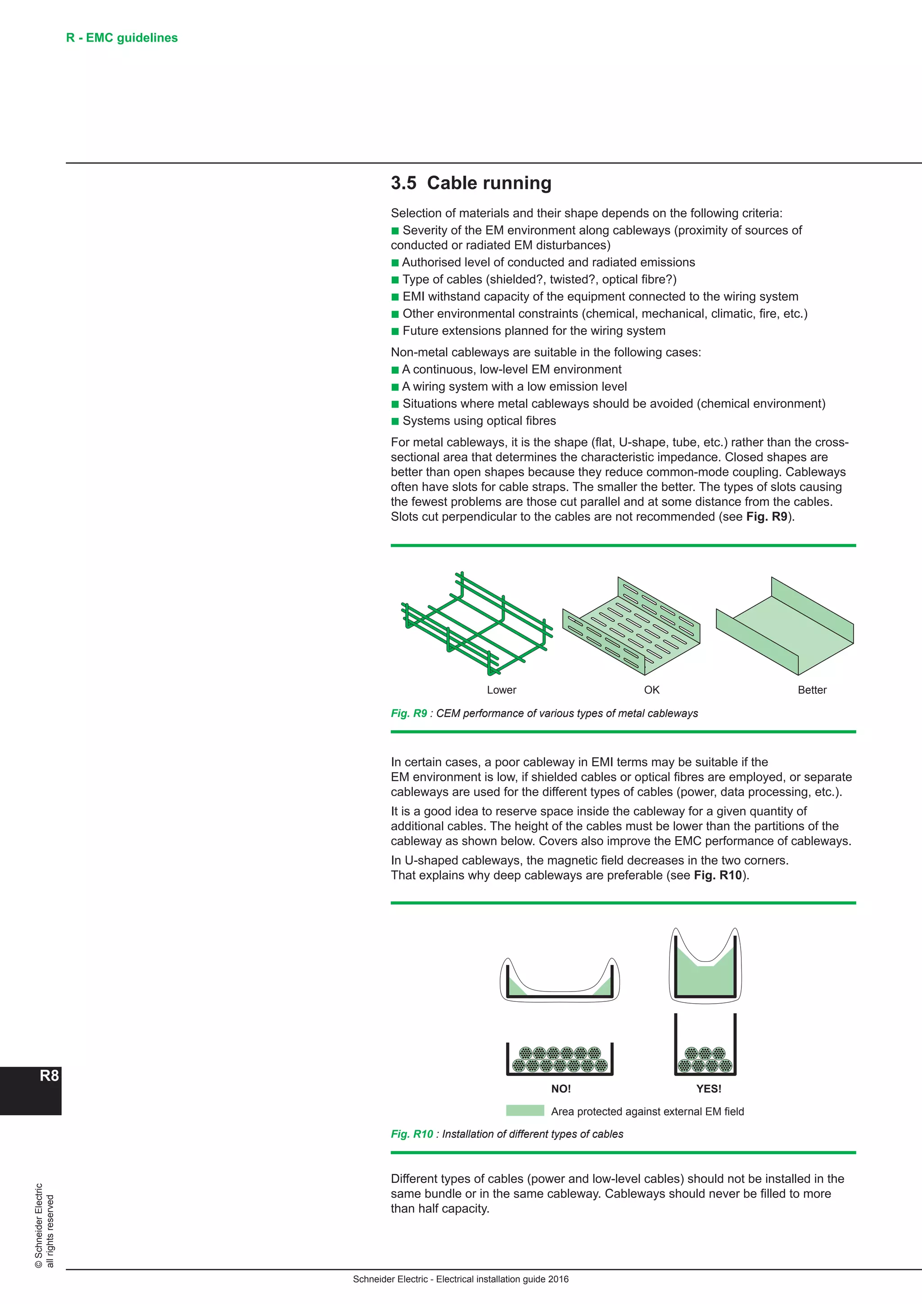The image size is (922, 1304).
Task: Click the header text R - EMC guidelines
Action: point(122,38)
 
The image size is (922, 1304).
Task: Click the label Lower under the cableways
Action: point(502,690)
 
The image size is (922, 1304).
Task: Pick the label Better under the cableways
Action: point(812,690)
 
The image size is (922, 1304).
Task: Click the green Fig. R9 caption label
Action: point(409,713)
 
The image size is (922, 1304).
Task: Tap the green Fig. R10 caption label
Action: point(411,1134)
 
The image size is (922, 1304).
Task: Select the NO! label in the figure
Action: point(561,1089)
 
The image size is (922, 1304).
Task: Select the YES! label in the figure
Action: point(709,1089)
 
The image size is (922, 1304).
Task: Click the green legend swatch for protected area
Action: point(525,1111)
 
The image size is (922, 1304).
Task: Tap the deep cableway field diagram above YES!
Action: point(705,965)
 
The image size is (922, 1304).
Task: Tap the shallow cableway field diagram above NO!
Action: point(560,980)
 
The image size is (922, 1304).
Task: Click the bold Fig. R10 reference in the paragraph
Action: point(718,875)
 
